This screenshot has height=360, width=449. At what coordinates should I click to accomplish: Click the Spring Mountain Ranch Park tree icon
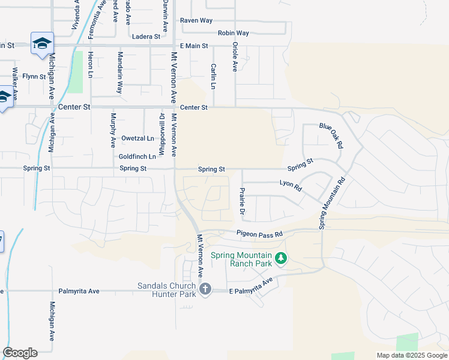280,259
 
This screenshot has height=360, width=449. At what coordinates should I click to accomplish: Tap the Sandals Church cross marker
205,289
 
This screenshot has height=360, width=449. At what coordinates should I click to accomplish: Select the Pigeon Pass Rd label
259,234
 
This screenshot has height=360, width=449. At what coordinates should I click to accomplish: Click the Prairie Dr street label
243,202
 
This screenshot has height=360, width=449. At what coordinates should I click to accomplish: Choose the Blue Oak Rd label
331,136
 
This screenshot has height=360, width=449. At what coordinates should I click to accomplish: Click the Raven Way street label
196,20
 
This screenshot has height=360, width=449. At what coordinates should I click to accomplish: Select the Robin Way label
234,33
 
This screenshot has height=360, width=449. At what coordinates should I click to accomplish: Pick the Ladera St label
146,37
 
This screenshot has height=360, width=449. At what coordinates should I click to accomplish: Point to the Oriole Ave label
235,57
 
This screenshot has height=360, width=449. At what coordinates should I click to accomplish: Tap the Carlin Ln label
213,76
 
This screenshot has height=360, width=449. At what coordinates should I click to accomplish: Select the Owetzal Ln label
137,138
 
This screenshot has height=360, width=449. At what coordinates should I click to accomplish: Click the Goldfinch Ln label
137,157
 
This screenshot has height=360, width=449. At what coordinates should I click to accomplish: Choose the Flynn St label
34,76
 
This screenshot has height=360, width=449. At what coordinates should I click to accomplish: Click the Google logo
20,353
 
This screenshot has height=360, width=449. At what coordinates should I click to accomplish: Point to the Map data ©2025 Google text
411,355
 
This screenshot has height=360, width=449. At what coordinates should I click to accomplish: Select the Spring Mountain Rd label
333,202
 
